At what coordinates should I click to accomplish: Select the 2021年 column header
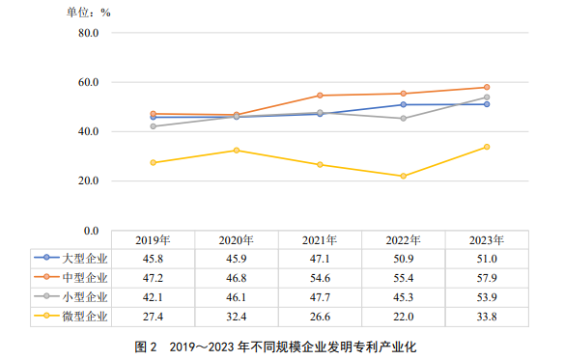319,240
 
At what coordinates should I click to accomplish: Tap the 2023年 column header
486,240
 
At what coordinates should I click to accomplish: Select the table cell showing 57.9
486,278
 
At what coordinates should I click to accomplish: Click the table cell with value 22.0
403,316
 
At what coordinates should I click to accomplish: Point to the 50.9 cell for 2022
403,259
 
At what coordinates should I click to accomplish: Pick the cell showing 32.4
236,316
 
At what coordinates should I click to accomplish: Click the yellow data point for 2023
486,147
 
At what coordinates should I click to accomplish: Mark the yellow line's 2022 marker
403,176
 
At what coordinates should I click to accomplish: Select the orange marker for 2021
319,96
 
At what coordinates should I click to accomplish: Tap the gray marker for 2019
153,126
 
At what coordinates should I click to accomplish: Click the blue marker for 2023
486,104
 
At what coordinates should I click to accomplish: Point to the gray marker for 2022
403,119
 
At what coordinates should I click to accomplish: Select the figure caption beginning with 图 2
280,346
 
